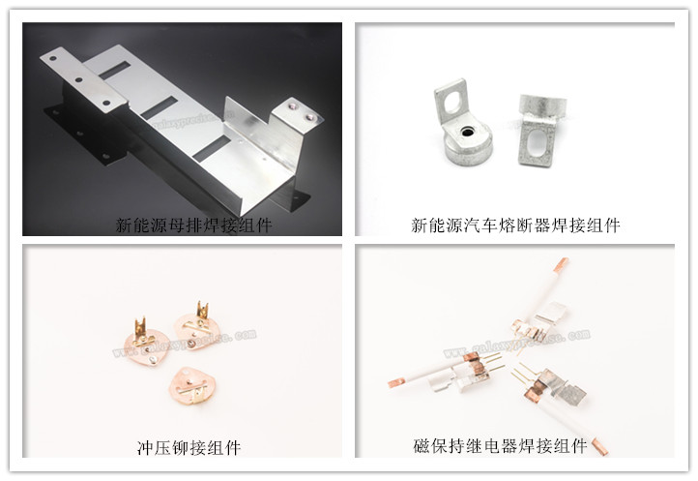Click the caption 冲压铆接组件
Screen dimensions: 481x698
[x=189, y=447]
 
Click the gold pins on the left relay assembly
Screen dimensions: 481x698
[x=494, y=361]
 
